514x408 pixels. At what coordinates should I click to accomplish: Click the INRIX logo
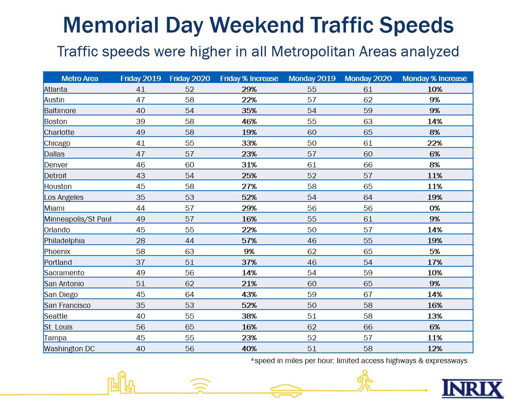coord(473,389)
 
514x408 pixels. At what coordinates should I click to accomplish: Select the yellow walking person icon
coord(364,381)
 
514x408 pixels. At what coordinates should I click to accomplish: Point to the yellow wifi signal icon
coord(200,385)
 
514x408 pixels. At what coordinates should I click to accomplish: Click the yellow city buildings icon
coord(121,382)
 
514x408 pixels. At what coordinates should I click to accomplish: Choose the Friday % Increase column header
coord(249,78)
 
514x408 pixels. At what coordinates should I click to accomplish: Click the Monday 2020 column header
coord(368,78)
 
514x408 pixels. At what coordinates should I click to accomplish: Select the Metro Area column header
coord(80,78)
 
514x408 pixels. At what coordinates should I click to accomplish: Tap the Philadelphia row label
coord(64,241)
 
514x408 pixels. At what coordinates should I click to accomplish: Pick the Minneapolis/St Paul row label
coord(78,219)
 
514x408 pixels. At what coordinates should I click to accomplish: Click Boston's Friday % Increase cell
coord(249,121)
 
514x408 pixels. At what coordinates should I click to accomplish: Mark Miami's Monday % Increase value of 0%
coord(435,208)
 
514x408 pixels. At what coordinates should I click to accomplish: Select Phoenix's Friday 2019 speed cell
coord(141,251)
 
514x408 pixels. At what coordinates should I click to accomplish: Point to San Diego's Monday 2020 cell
coord(368,294)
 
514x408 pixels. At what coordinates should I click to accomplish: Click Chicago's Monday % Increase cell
coord(435,143)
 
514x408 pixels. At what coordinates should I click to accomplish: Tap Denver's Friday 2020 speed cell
coord(189,165)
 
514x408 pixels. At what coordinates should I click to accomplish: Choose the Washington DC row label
coord(69,349)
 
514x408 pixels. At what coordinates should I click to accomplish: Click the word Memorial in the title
coord(111,25)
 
